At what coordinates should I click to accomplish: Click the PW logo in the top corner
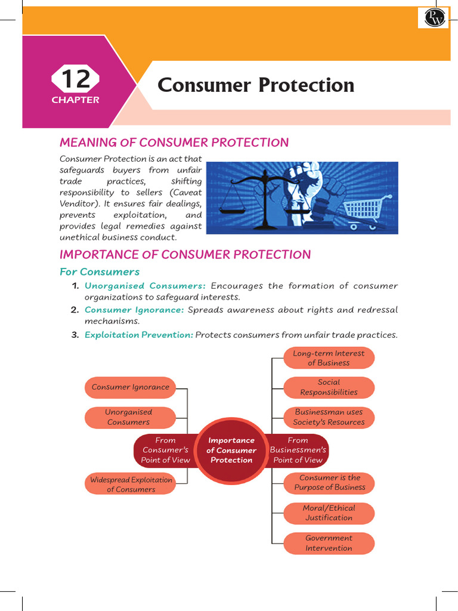click(x=433, y=17)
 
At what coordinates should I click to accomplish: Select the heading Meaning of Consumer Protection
click(x=174, y=143)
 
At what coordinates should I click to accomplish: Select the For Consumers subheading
click(x=99, y=272)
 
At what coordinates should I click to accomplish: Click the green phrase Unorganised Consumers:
click(x=145, y=286)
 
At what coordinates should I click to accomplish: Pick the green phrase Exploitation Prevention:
click(x=139, y=335)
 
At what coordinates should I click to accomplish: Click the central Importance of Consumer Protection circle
click(x=231, y=450)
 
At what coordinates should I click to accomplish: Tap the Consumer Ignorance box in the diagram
click(x=131, y=387)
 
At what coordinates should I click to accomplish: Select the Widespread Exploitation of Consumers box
click(x=131, y=485)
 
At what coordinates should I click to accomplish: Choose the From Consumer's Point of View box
click(x=165, y=450)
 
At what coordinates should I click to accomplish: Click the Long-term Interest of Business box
click(x=329, y=358)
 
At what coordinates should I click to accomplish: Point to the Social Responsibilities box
click(x=329, y=387)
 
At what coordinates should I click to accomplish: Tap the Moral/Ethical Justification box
click(x=329, y=513)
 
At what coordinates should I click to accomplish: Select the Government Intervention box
click(x=329, y=543)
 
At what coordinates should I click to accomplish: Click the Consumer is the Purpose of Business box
click(x=329, y=483)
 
